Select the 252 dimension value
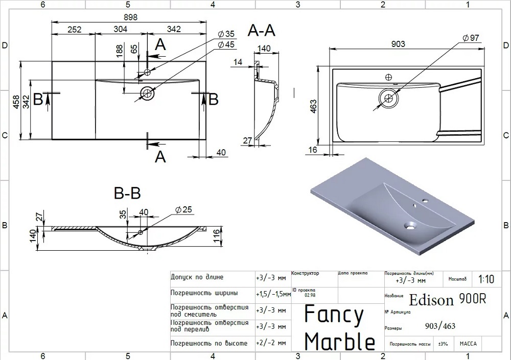[75, 29]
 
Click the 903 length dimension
[398, 44]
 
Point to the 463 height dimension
[314, 106]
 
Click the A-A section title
[262, 31]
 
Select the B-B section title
[127, 194]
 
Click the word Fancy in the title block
[334, 315]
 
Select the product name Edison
[431, 300]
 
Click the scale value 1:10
[486, 279]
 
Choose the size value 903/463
[440, 327]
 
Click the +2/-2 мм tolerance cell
[271, 343]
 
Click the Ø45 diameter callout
[226, 45]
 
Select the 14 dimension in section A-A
[238, 62]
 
